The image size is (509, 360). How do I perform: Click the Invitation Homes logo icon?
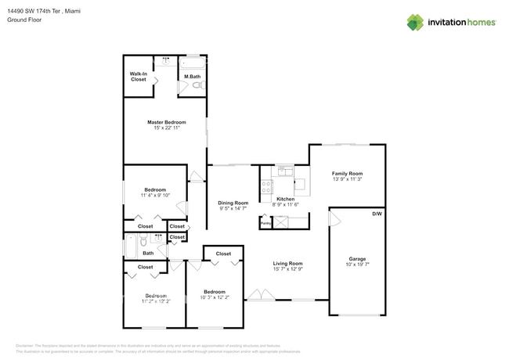pos(414,22)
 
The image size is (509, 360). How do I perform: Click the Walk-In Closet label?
pos(139,77)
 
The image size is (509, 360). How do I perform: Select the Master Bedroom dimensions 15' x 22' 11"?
pos(166,128)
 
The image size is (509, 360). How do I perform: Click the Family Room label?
pos(347,174)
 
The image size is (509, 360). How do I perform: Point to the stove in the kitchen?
pos(266,186)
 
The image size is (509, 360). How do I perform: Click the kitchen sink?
pos(286,171)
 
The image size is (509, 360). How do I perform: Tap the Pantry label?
pos(266,222)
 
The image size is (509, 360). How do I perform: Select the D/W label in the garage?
pos(377,214)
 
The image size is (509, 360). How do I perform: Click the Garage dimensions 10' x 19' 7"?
pos(357,265)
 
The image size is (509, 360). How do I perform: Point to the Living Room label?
pos(287,264)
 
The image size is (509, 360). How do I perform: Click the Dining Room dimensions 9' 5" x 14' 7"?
pos(232,209)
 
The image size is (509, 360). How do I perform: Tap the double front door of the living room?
pos(260,296)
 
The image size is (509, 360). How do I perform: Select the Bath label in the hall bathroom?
pos(148,253)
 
